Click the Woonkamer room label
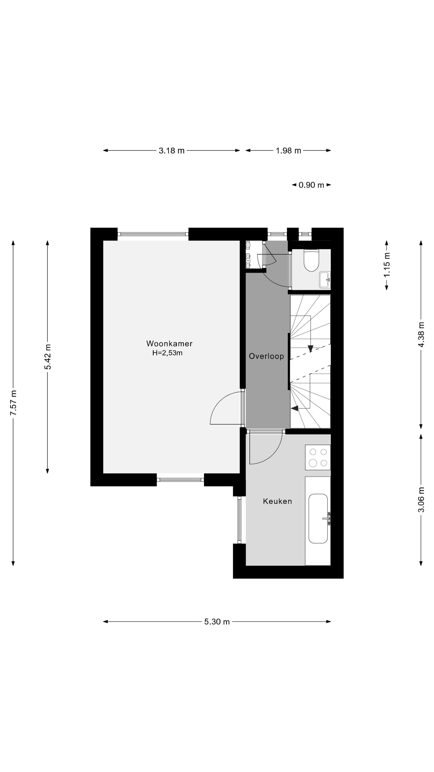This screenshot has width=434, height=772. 169,343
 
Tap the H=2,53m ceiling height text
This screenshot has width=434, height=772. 167,353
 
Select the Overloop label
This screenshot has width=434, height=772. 266,356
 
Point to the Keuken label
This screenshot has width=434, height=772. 277,501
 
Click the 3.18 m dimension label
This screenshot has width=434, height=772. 172,150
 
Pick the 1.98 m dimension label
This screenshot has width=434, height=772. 289,150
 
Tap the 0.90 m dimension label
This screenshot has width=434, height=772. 312,185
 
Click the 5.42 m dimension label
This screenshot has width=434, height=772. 48,357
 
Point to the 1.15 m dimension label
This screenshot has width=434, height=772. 387,265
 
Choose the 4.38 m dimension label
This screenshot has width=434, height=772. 421,334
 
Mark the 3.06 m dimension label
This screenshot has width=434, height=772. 421,500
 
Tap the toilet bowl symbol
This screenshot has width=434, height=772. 312,260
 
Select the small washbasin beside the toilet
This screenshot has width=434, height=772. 325,280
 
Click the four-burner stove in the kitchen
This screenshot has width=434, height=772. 318,457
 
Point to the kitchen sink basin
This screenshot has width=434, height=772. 318,518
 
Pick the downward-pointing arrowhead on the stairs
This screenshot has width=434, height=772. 310,348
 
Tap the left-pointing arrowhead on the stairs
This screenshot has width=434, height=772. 294,408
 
